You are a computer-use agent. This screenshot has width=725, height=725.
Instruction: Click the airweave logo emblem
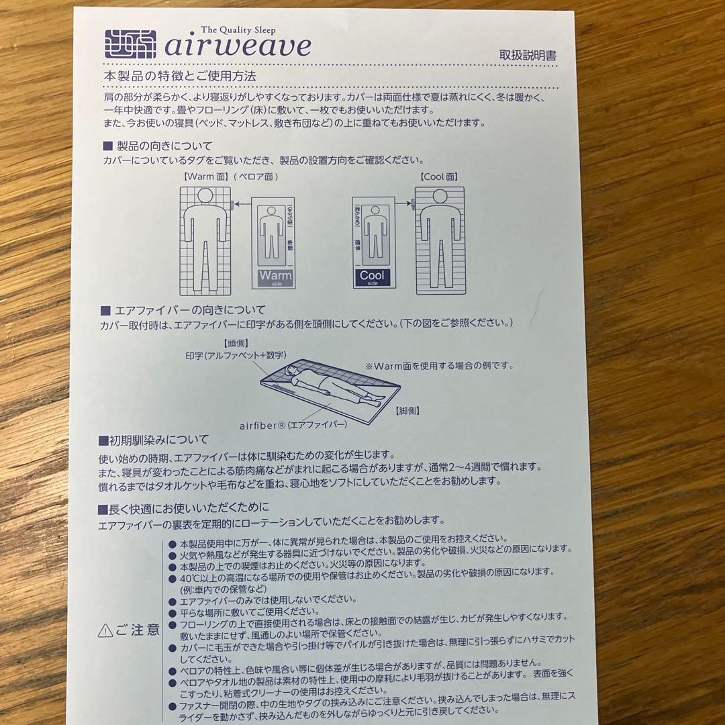(130, 44)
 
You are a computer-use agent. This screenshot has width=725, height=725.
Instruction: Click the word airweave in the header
(238, 46)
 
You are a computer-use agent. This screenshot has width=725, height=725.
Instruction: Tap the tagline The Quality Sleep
(238, 30)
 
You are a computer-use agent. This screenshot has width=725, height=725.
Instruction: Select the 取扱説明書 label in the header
(528, 55)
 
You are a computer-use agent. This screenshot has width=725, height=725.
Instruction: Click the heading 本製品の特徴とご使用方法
(180, 77)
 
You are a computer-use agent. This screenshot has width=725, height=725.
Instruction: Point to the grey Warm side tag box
(276, 277)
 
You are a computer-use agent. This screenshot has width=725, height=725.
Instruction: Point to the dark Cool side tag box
(372, 277)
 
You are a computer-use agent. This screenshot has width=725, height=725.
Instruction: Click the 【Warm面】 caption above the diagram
(206, 176)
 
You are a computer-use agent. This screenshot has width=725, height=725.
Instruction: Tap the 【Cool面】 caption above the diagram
(438, 176)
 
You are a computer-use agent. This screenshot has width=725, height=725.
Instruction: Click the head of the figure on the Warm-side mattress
(205, 195)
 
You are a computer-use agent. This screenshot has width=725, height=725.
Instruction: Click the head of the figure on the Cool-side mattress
(440, 197)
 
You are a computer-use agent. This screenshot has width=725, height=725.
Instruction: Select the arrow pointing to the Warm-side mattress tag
(242, 203)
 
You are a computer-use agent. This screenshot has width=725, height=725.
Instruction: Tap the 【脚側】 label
(407, 411)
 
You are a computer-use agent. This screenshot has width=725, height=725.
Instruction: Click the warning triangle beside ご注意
(105, 630)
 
